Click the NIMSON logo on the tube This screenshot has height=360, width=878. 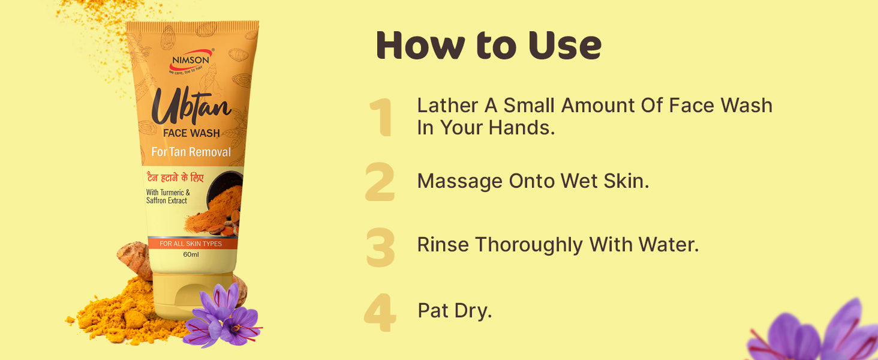pos(191,61)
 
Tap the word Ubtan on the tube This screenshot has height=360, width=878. pos(191,106)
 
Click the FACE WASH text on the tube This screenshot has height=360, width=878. pos(191,133)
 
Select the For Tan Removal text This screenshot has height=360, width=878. pos(191,152)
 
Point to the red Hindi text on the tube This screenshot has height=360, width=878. pos(175,178)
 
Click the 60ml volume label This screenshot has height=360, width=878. pos(191,254)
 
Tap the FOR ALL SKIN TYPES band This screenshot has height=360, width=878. pos(192,244)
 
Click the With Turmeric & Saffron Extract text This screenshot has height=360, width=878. pos(168,196)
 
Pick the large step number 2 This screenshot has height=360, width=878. pos(380,182)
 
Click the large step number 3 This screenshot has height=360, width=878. pos(380,247)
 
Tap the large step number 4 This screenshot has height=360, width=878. pos(380,313)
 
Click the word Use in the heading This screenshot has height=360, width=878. pos(564,46)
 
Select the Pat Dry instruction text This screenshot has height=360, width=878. pos(455,311)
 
